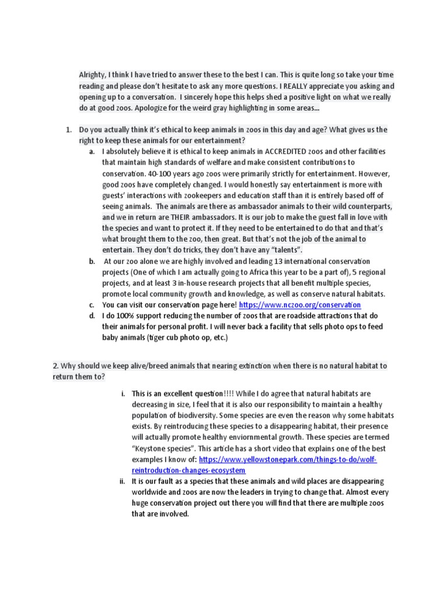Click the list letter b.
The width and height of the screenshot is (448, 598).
(x=92, y=262)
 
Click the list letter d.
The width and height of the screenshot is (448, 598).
(x=92, y=316)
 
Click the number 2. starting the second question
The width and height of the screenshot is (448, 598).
(x=56, y=366)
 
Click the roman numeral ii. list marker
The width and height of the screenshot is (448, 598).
(x=122, y=481)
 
